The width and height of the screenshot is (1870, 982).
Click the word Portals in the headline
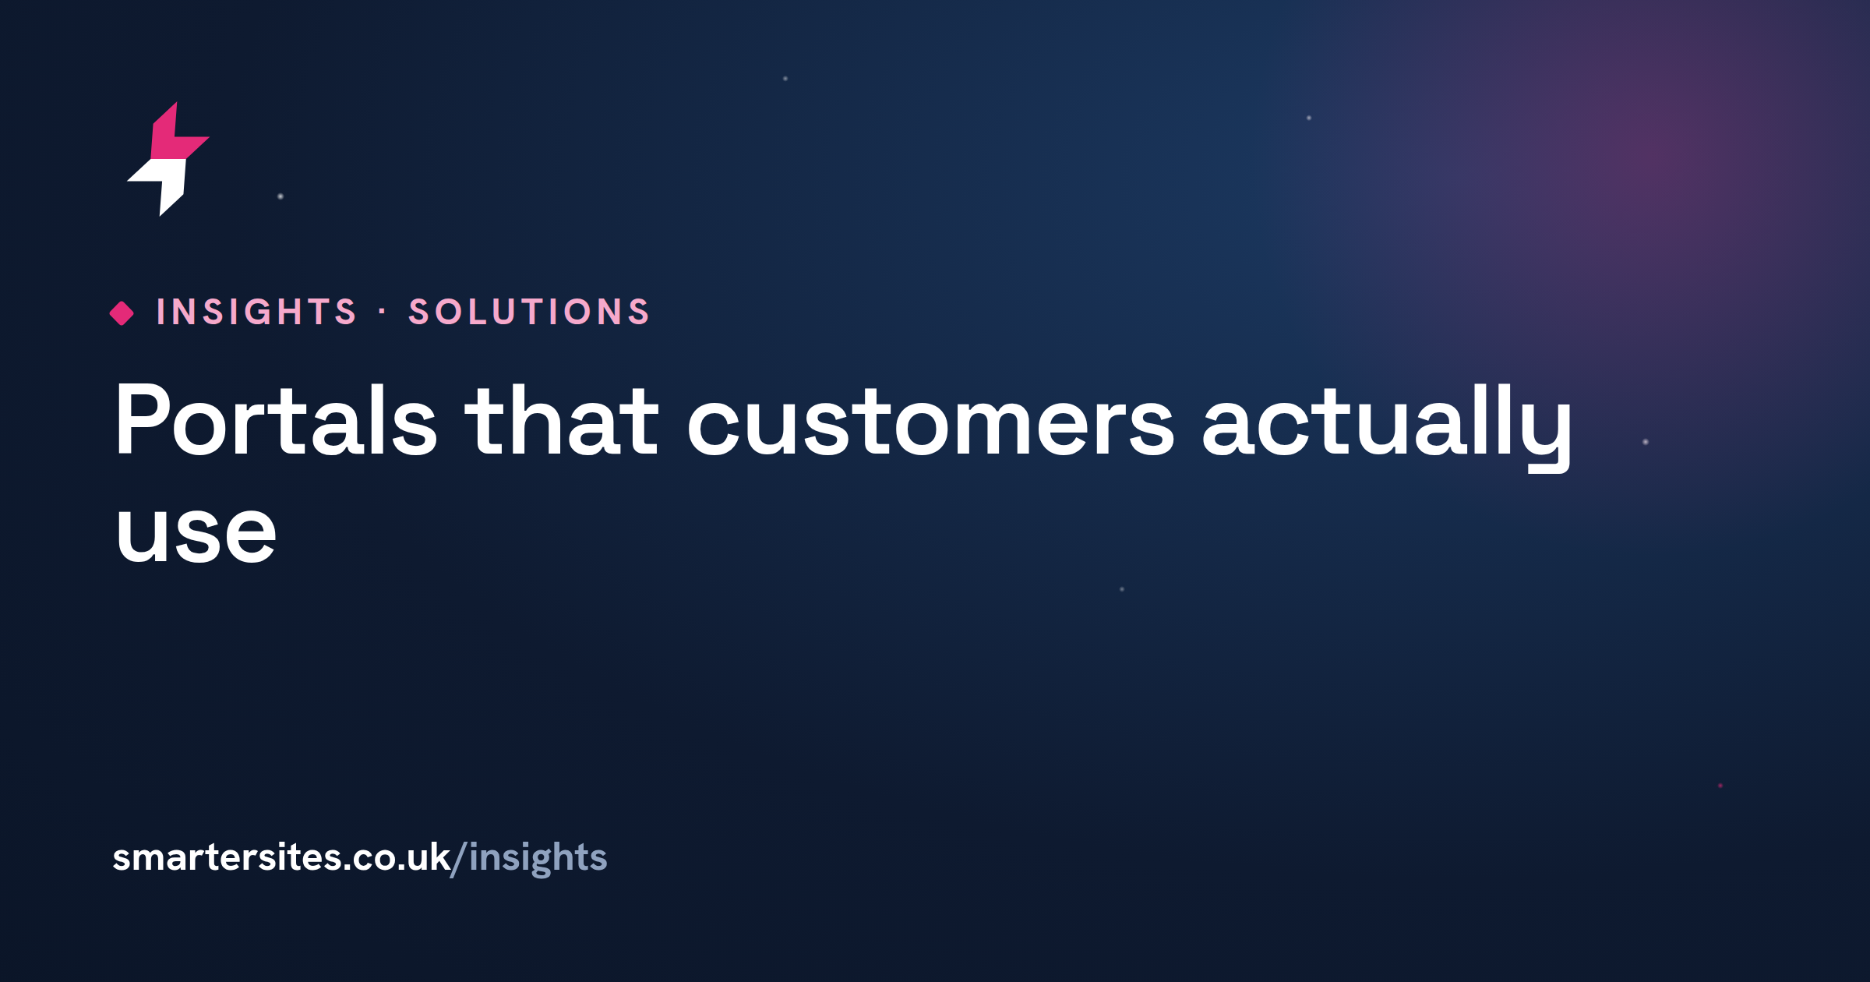click(276, 419)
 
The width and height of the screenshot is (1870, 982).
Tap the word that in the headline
click(562, 419)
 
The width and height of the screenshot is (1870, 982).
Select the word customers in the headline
click(930, 426)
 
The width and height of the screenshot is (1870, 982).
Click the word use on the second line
click(196, 532)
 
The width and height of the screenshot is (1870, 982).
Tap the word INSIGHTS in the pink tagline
click(256, 312)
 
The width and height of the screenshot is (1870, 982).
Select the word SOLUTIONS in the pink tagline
click(529, 312)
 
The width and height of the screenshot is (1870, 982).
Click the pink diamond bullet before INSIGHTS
click(122, 313)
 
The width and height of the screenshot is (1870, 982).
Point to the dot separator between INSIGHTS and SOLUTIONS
click(382, 312)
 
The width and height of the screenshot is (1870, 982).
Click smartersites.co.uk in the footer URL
click(281, 857)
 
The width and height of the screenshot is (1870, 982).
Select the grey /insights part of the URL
click(530, 859)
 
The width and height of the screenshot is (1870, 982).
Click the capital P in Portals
click(141, 419)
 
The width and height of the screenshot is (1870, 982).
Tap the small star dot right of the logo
click(280, 196)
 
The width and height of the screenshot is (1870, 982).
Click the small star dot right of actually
click(1646, 442)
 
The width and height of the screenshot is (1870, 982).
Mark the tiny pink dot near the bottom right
click(1720, 786)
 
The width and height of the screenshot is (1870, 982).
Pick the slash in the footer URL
click(459, 859)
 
